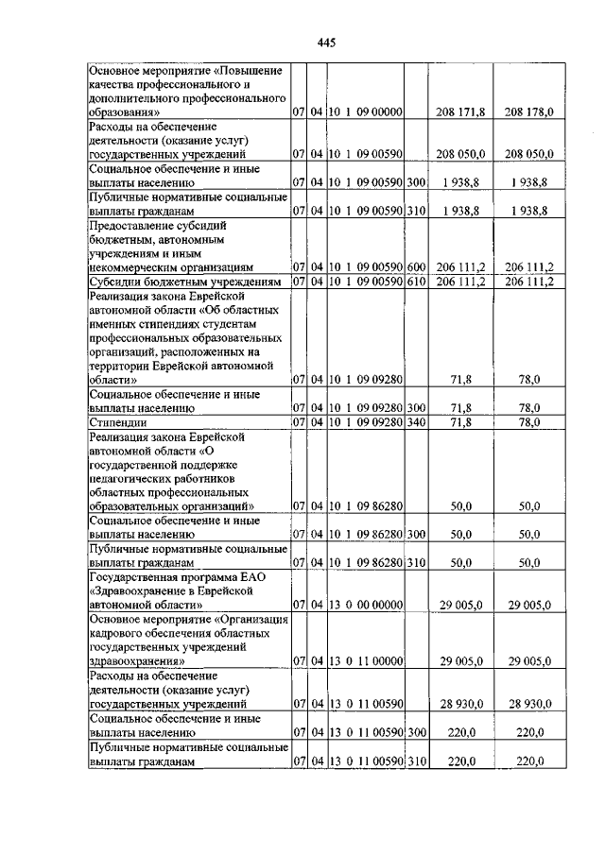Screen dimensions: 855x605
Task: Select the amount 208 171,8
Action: (460, 112)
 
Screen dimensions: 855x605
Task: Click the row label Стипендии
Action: (118, 422)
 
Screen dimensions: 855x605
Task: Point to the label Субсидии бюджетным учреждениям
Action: (185, 281)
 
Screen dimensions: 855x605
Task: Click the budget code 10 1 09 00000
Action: (366, 112)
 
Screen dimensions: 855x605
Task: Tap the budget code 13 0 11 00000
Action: (366, 661)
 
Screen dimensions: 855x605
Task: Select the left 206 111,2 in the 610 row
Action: (460, 281)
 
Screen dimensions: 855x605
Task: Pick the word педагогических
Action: (137, 479)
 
